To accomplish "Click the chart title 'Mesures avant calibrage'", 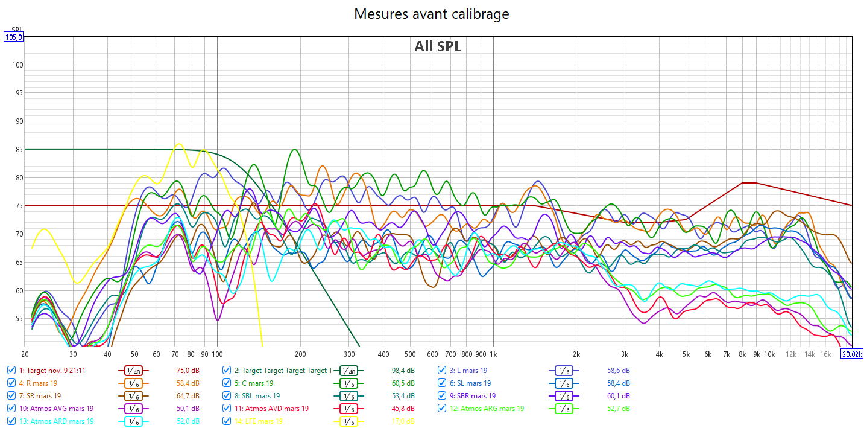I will coord(431,14).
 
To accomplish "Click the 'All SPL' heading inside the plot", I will coord(437,46).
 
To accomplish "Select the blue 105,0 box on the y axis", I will coord(13,37).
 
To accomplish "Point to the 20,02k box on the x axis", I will coord(852,354).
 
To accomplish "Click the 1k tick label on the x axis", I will coord(493,354).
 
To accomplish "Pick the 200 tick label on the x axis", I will coord(300,354).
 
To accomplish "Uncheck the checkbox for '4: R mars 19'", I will coord(11,383).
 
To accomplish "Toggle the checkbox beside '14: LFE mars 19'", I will coord(227,421).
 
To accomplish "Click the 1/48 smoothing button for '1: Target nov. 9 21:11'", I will coord(133,371).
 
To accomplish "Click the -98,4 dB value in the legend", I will coord(402,371).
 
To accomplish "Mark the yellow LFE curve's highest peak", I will coord(178,144).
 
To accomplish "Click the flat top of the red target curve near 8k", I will coord(749,182).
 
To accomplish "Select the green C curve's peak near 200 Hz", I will coord(294,149).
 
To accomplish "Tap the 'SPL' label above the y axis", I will coord(17,29).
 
